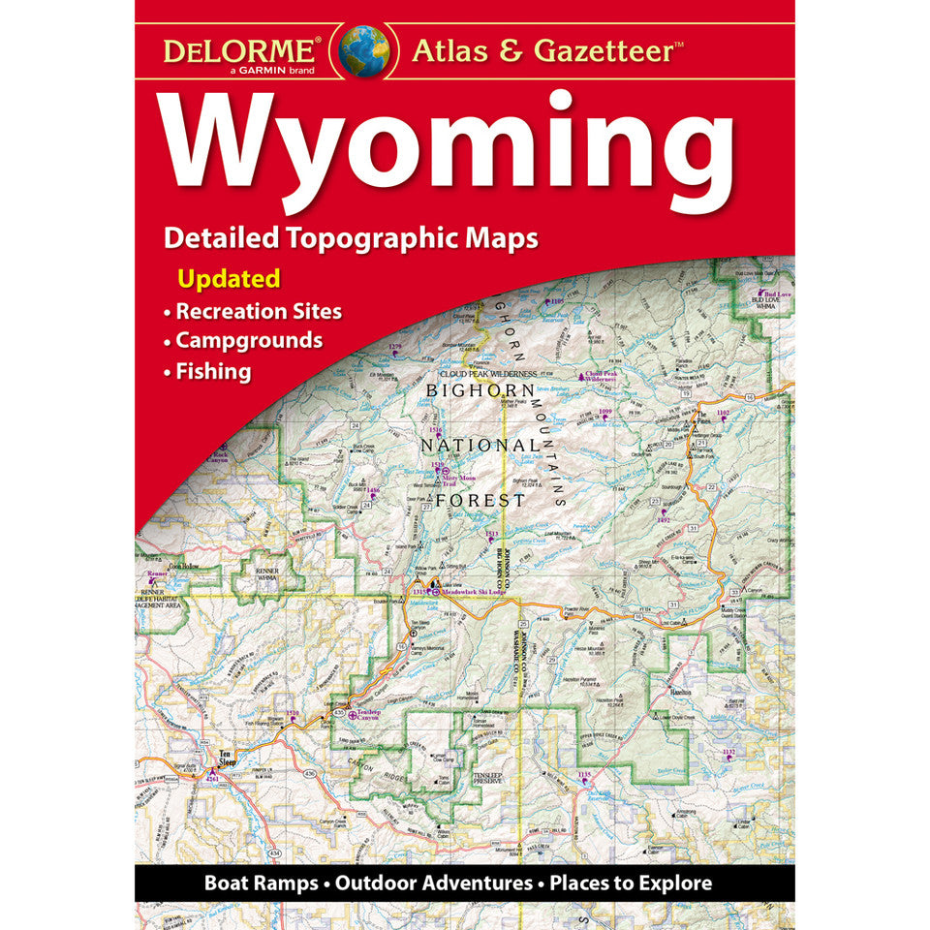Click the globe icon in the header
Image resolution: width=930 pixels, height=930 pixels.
pos(365,49)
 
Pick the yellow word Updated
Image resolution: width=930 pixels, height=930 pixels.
pos(229,279)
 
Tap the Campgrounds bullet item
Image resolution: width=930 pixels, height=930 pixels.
pos(249,340)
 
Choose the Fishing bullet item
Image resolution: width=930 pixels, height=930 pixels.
pos(213,370)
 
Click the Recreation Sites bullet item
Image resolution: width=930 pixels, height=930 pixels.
pos(258,311)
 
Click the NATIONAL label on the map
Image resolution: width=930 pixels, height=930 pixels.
pos(471,446)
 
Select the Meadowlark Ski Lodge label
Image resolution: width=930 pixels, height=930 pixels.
pos(477,591)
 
